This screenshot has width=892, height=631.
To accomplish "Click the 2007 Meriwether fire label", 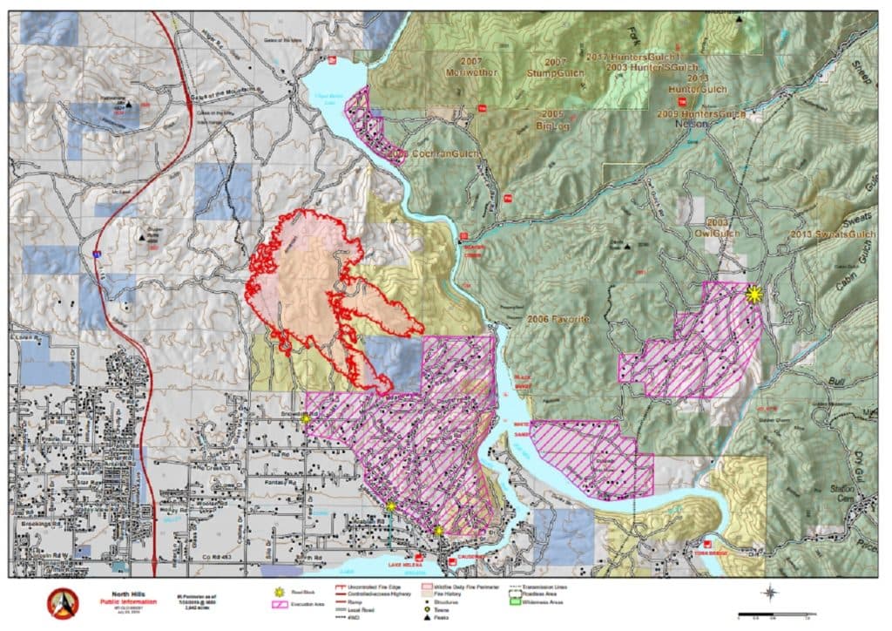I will (x=471, y=67).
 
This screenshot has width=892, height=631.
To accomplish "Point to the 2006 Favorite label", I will (x=558, y=320).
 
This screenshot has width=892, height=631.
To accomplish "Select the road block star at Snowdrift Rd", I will (x=306, y=419).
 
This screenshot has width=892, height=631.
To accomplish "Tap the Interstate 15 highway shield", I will (x=95, y=254).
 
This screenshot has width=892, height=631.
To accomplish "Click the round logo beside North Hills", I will (x=64, y=602).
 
